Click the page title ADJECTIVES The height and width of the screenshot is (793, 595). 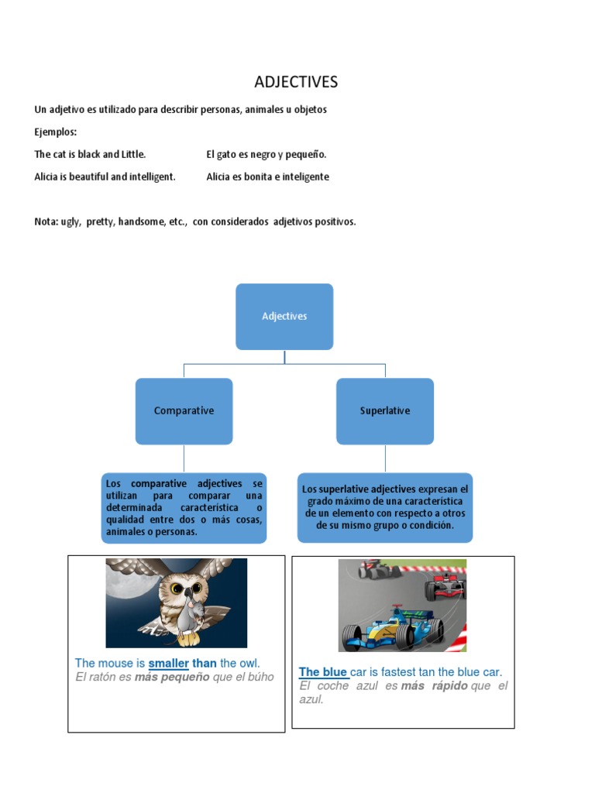click(x=297, y=82)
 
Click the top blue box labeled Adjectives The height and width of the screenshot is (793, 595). click(x=284, y=316)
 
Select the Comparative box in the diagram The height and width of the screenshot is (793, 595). click(x=184, y=410)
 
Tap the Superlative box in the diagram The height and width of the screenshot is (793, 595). click(x=385, y=410)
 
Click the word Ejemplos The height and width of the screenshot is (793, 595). click(x=56, y=132)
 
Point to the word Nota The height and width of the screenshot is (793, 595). click(x=46, y=221)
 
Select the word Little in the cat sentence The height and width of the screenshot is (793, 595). click(x=129, y=154)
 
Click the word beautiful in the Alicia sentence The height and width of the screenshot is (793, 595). click(x=88, y=177)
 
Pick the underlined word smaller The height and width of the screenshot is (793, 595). click(x=169, y=664)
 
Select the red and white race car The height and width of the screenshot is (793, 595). click(x=445, y=587)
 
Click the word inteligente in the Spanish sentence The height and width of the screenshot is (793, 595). click(x=301, y=177)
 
